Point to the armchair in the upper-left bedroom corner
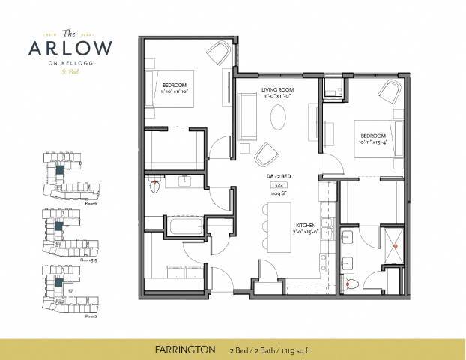[x=219, y=55]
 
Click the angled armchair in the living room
[x=267, y=155]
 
